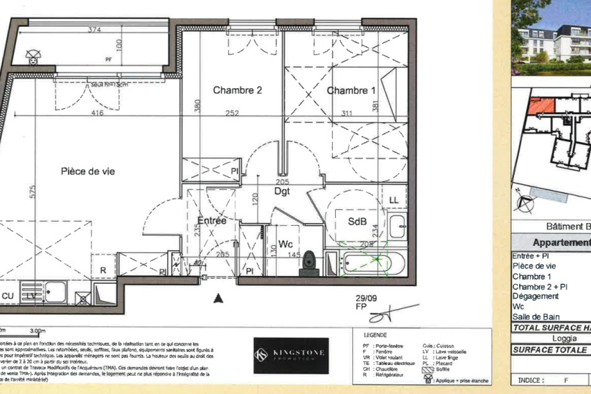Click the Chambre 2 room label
click(237, 90)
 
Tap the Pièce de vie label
click(88, 171)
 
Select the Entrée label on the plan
click(212, 221)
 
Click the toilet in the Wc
click(309, 260)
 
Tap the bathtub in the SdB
click(373, 263)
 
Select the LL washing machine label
click(394, 200)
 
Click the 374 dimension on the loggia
click(95, 30)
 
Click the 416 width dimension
click(97, 113)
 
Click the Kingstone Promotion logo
click(291, 355)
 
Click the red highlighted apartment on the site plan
click(541, 105)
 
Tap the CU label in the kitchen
click(8, 295)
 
